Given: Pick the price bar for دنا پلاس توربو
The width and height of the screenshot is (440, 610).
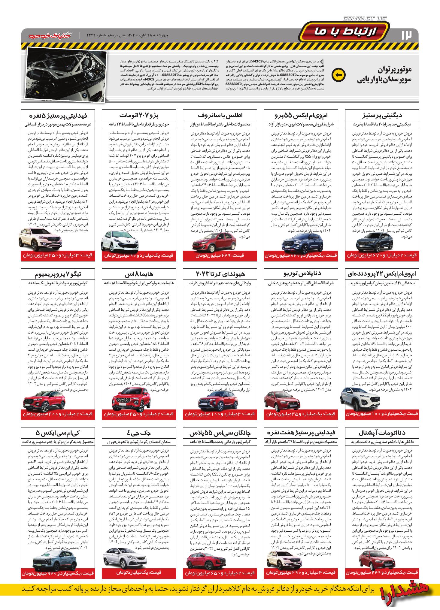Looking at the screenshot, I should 301,414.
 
